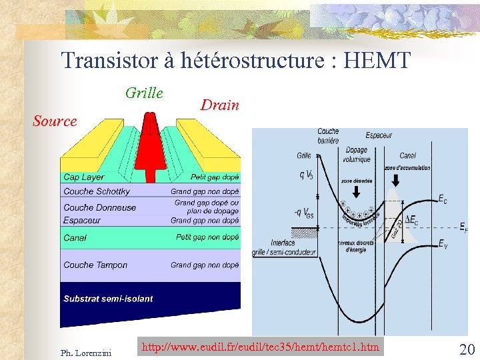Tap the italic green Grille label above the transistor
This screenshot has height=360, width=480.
(144, 93)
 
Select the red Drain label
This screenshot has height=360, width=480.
(219, 105)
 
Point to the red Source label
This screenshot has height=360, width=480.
(55, 121)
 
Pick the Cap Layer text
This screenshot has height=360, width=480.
(84, 177)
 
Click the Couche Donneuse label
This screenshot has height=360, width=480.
(99, 207)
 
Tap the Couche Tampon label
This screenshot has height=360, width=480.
(95, 265)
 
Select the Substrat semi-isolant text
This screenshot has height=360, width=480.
(108, 299)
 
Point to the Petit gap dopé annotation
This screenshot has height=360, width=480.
(214, 177)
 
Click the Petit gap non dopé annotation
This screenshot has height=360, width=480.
(207, 237)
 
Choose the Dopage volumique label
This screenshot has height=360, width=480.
(357, 155)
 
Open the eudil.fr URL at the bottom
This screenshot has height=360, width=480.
(261, 347)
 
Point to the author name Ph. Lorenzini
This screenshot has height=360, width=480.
(86, 351)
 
